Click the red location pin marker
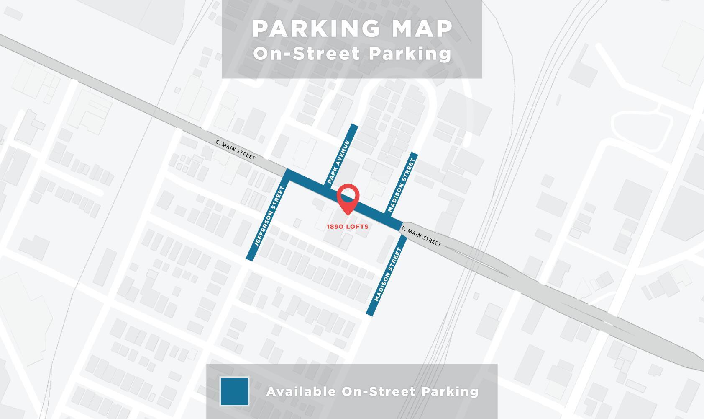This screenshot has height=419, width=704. (348, 199)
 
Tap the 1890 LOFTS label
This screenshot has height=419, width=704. (348, 227)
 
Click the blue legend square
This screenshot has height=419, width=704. (234, 391)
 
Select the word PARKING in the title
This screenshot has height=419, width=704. (316, 29)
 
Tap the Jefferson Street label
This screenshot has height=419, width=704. (269, 216)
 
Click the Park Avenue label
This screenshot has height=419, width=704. (338, 162)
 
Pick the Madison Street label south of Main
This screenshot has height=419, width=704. (388, 275)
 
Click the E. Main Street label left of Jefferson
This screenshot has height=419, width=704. (235, 150)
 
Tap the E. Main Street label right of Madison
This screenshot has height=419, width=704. (421, 236)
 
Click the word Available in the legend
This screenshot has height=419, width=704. (301, 391)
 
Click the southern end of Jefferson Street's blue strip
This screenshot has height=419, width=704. (250, 259)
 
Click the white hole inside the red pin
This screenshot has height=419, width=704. (348, 195)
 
